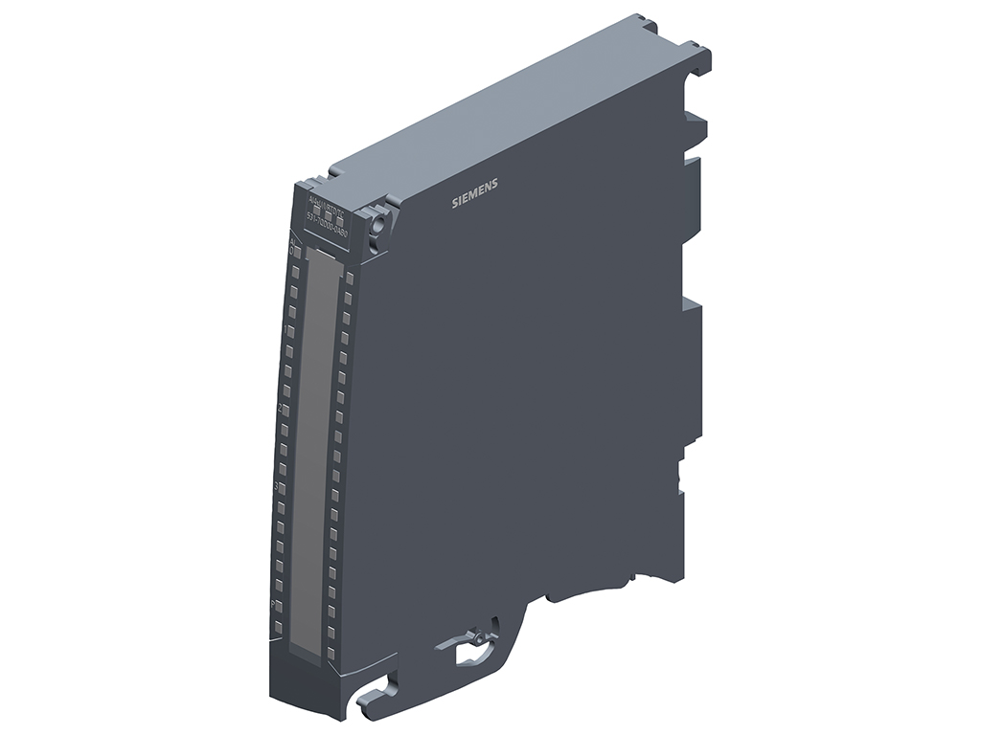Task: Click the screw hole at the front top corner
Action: [378, 224]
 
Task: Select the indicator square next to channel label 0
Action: [297, 252]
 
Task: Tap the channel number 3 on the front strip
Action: [276, 487]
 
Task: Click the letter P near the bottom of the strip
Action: [272, 606]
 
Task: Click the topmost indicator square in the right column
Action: [349, 278]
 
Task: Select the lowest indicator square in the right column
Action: [331, 653]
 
